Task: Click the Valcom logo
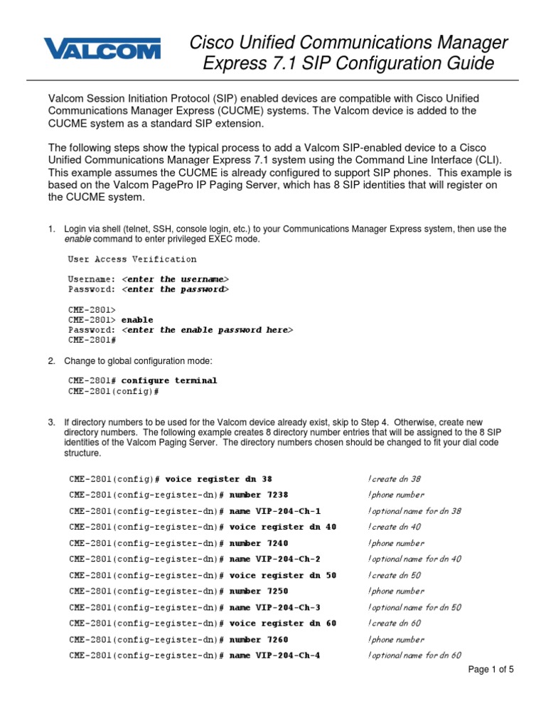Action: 102,49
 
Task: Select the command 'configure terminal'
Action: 169,380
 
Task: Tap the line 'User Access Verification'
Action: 132,259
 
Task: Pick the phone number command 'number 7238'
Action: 259,495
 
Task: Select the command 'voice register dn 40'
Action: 282,527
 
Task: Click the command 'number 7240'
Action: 259,543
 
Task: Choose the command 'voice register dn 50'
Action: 282,575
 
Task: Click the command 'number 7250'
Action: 259,591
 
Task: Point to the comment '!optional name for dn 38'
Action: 415,511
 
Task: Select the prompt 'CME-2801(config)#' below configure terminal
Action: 114,391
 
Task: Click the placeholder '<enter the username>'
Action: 176,279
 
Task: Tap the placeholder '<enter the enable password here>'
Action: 207,330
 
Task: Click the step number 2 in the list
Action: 51,361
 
